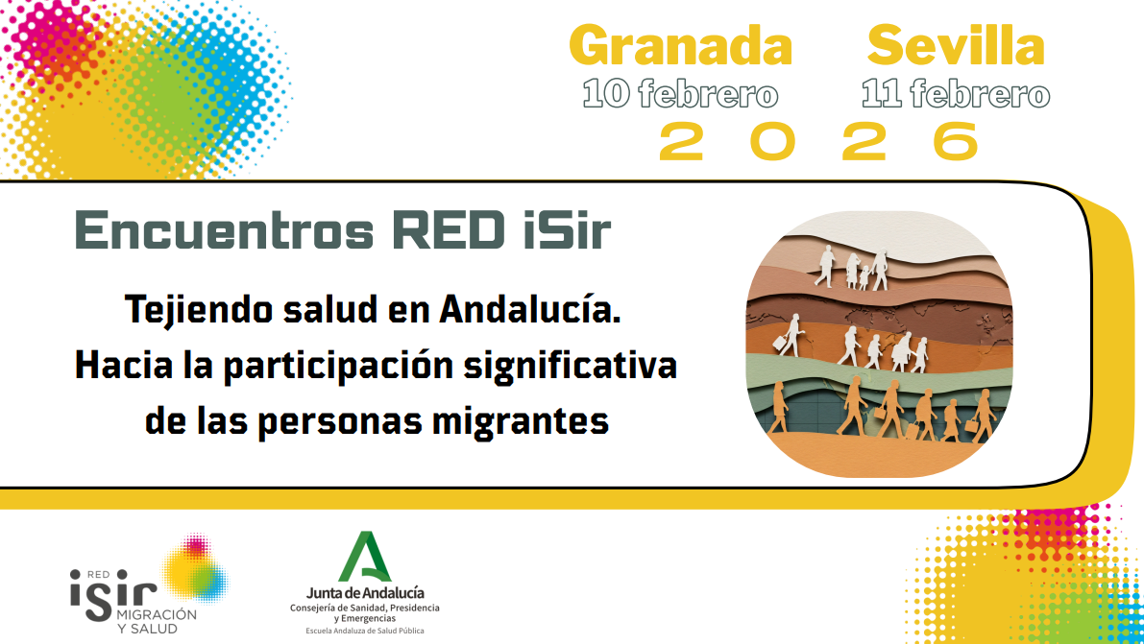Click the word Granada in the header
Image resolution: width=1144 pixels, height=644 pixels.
tap(680, 46)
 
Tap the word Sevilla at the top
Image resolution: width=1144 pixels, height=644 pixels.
tap(956, 46)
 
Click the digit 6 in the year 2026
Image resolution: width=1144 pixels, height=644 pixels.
tap(956, 141)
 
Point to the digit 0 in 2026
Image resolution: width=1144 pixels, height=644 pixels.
tap(772, 141)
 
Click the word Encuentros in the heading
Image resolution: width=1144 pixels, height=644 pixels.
tap(224, 230)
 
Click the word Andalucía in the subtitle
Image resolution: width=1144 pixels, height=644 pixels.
tap(529, 308)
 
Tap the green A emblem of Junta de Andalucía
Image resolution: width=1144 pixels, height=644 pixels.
tap(365, 557)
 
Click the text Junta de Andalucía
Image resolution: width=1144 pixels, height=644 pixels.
tap(365, 593)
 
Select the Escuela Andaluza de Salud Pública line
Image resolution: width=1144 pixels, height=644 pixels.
tap(365, 631)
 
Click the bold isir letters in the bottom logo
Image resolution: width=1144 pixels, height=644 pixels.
tap(112, 595)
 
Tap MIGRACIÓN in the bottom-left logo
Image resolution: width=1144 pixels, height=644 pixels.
tap(157, 614)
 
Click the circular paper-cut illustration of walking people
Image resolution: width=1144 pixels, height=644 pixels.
tap(879, 345)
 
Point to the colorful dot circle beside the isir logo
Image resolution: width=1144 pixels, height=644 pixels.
tap(196, 569)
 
